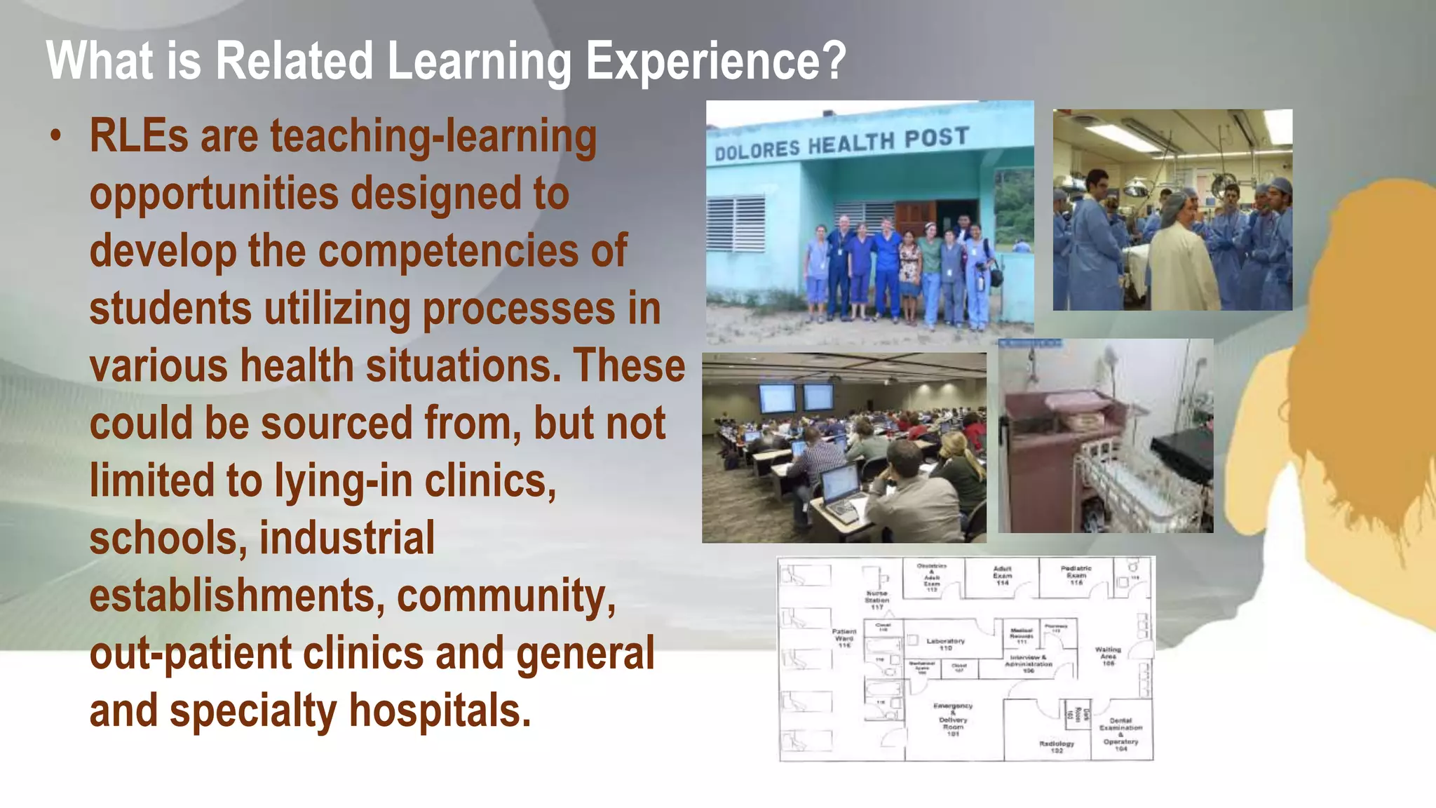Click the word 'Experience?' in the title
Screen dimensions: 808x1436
(716, 62)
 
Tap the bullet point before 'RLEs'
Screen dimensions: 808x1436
(56, 136)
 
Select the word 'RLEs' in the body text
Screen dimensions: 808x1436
(138, 136)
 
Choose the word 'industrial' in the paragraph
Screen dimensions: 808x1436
(347, 539)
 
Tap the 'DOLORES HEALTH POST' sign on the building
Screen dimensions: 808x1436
(841, 144)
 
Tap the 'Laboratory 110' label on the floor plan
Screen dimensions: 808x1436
(945, 644)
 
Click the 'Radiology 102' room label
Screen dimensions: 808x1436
(1056, 746)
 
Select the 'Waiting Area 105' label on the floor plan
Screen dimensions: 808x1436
(1108, 656)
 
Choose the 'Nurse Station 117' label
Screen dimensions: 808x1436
(876, 600)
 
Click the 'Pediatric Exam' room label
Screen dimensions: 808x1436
(1076, 575)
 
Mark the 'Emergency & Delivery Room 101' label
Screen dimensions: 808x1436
(953, 720)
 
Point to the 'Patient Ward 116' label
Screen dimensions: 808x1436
(844, 638)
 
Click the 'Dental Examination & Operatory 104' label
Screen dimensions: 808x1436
(1120, 734)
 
